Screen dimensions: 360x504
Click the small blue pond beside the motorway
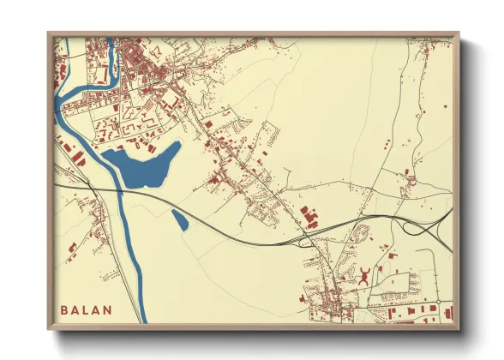tap(180, 219)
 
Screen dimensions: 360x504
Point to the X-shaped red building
tap(365, 274)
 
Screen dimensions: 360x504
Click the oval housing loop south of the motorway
tap(361, 231)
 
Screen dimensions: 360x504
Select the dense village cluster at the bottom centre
tap(326, 300)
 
